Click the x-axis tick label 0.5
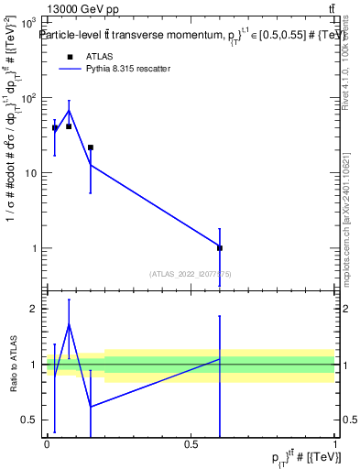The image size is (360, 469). tap(191, 446)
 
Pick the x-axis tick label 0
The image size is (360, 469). tap(47, 446)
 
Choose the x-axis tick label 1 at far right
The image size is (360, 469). tap(335, 446)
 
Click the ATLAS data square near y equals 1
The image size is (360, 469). tap(220, 247)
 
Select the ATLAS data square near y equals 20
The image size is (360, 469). tap(91, 147)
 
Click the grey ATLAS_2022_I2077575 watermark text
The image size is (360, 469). tap(191, 273)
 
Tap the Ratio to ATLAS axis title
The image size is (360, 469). tap(12, 365)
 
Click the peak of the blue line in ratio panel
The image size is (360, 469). tap(70, 324)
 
